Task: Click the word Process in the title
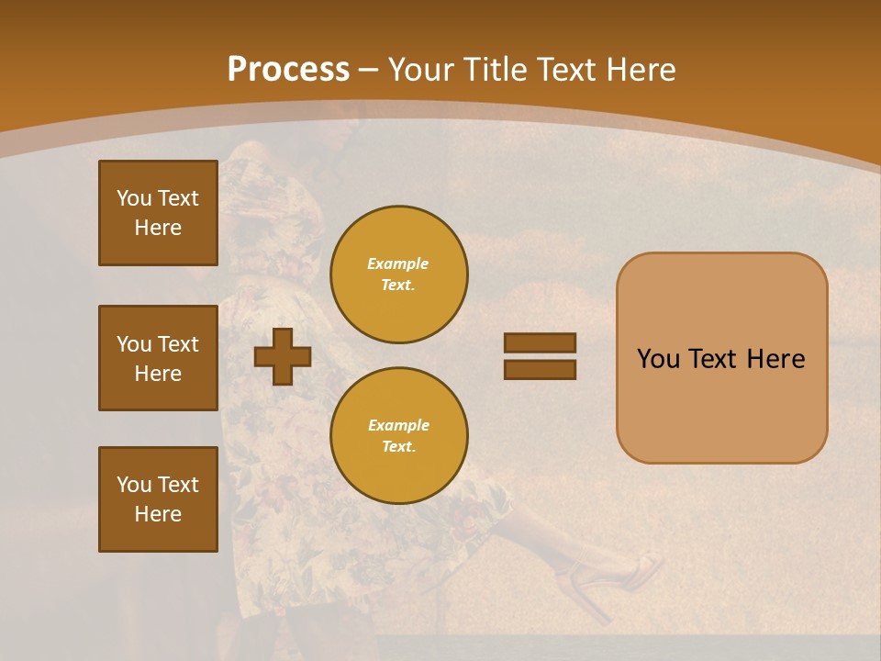coord(288,70)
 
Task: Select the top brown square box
coord(158,213)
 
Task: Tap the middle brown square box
coord(158,358)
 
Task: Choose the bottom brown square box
coord(158,499)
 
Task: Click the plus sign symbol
coord(282,356)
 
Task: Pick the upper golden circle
coord(398,274)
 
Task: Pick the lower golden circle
coord(398,436)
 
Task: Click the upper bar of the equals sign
coord(540,342)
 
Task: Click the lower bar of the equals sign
coord(540,370)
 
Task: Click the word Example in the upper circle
coord(398,263)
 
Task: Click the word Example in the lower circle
coord(398,425)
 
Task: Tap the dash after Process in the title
coord(369,71)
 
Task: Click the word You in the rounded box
coord(658,359)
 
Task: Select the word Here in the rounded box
coord(775,359)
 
